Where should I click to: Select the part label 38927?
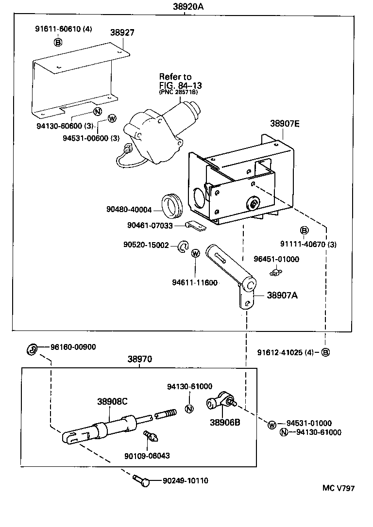pyautogui.click(x=122, y=33)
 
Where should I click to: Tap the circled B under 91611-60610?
pyautogui.click(x=58, y=42)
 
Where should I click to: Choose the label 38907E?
pyautogui.click(x=285, y=124)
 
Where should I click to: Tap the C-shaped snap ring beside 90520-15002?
pyautogui.click(x=183, y=247)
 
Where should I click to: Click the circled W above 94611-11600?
pyautogui.click(x=196, y=253)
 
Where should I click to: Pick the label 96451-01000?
pyautogui.click(x=277, y=259)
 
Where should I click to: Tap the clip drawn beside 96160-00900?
pyautogui.click(x=31, y=348)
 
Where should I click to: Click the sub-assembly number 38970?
pyautogui.click(x=140, y=360)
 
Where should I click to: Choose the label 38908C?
pyautogui.click(x=112, y=401)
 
